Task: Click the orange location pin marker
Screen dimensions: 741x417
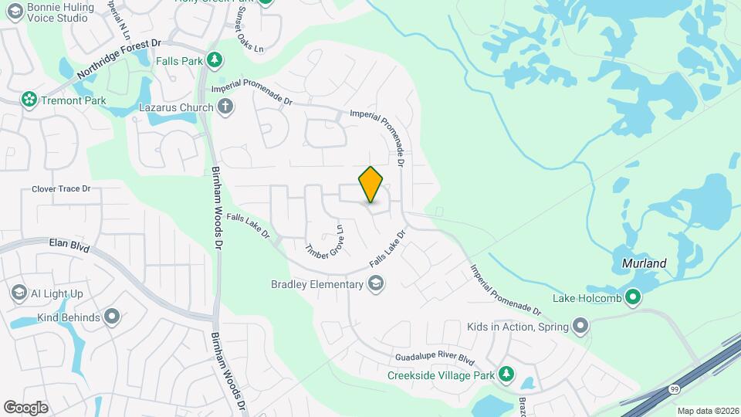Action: (x=370, y=185)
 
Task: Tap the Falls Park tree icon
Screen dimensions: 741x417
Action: (x=215, y=59)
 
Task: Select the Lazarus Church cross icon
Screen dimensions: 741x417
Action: (x=225, y=107)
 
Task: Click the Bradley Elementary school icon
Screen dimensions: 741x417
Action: (x=375, y=285)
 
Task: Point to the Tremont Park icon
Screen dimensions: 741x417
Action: (x=29, y=100)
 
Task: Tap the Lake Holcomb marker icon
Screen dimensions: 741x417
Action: (x=632, y=297)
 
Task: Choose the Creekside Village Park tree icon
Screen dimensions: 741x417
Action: (x=506, y=375)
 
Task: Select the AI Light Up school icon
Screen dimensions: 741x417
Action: (x=19, y=293)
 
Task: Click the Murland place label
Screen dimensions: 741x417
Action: (x=644, y=263)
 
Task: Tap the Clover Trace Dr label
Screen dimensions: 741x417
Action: (x=62, y=188)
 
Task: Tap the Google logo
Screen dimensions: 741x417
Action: (x=25, y=407)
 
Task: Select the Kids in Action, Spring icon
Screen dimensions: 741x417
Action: (x=580, y=327)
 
